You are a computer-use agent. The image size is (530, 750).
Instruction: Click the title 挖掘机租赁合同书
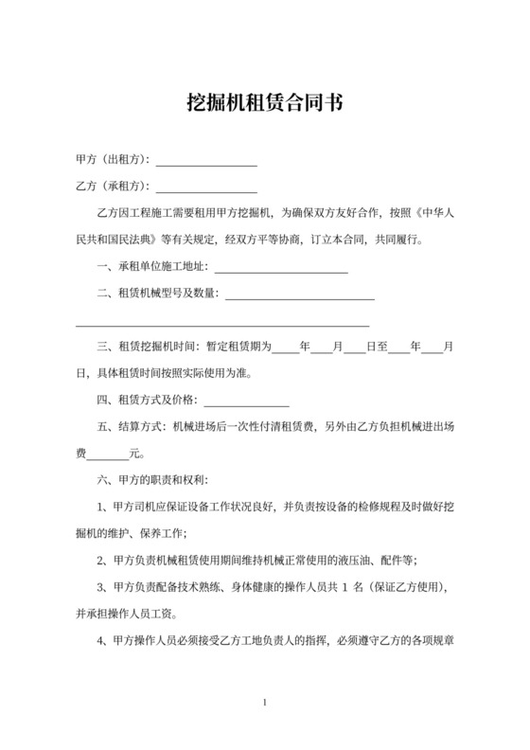(265, 102)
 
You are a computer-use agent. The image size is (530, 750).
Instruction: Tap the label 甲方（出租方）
(113, 159)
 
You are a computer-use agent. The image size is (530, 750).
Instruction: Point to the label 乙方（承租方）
(113, 186)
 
